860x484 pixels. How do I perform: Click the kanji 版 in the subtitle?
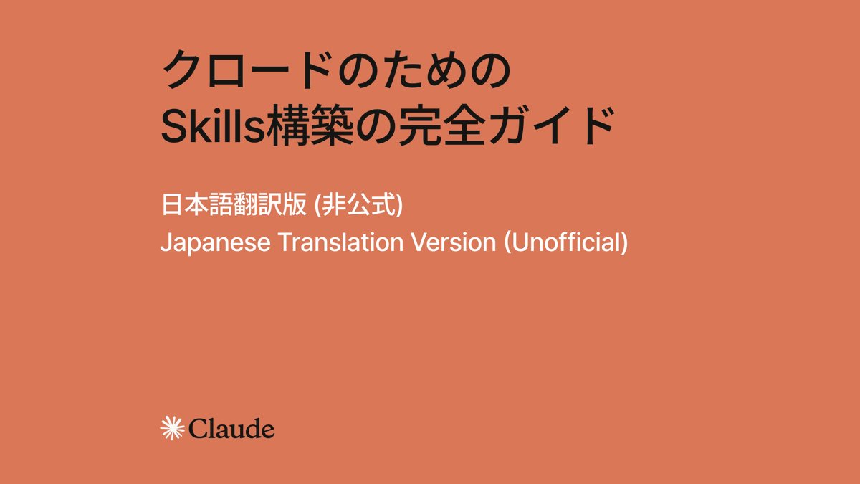[295, 205]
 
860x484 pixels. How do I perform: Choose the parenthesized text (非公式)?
[359, 205]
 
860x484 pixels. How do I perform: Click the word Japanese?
[215, 242]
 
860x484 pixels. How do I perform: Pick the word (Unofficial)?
[566, 242]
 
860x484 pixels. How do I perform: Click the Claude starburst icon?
[172, 428]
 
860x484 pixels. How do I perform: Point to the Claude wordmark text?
[231, 429]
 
